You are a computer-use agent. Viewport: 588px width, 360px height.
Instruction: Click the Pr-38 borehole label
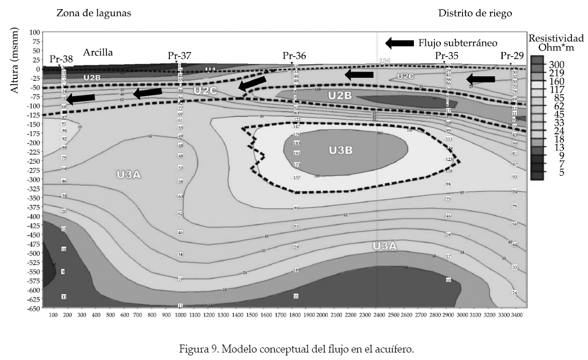[61, 58]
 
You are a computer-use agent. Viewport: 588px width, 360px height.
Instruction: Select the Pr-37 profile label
[179, 56]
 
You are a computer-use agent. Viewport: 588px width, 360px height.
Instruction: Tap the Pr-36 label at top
[294, 56]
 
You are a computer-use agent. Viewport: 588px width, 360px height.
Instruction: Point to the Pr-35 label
[447, 56]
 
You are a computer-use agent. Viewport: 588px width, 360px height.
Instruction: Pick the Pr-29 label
[512, 56]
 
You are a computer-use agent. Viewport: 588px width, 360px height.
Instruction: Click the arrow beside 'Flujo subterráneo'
[399, 43]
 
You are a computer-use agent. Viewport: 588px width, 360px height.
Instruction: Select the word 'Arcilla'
[98, 52]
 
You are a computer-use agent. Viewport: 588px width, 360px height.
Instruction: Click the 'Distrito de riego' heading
[475, 13]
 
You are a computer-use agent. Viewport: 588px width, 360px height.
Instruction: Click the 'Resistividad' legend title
[556, 37]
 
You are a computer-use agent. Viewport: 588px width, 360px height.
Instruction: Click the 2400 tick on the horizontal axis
[378, 315]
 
